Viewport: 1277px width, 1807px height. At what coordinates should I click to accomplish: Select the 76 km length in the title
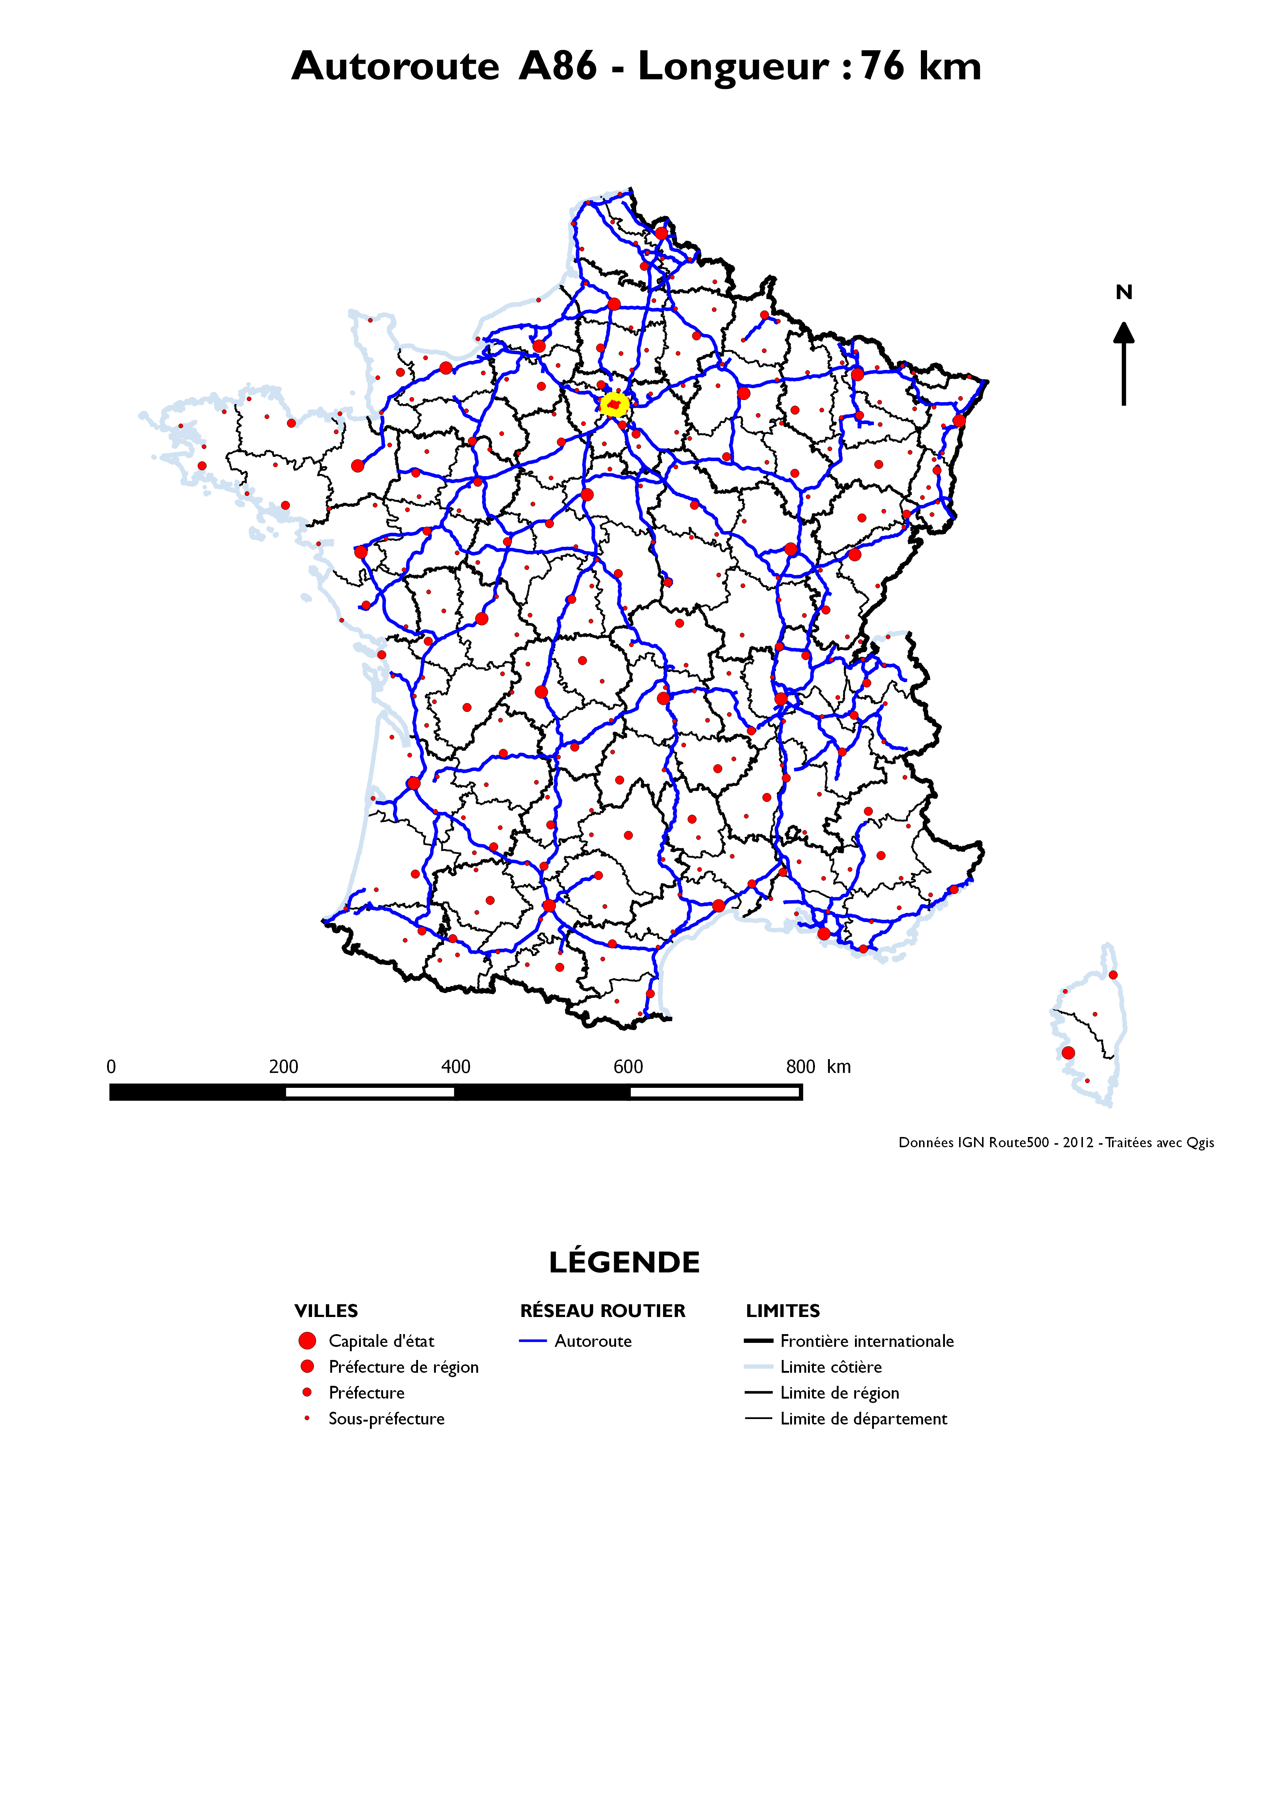(x=921, y=66)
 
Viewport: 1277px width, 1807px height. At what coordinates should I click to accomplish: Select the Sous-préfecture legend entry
(x=386, y=1419)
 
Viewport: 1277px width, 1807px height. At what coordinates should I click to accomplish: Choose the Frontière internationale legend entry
(x=866, y=1341)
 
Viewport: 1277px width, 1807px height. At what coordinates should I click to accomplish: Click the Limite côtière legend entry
(x=831, y=1367)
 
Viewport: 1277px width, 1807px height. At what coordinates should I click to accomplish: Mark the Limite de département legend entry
(x=863, y=1419)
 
